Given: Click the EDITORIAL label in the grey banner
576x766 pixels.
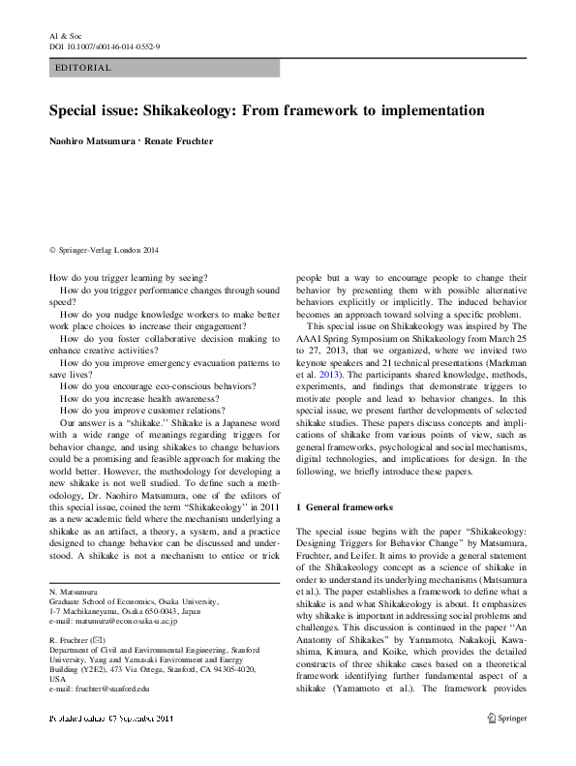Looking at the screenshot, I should [85, 68].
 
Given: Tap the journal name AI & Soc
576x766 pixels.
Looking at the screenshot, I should [64, 34].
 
